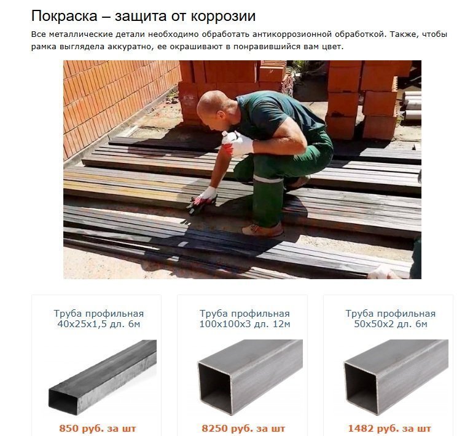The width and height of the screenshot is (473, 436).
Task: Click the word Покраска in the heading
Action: point(64,16)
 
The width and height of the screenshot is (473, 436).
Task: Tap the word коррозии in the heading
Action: point(223,17)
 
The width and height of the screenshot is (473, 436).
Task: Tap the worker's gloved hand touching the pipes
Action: point(203,199)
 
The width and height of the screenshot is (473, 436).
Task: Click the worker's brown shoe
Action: point(262,229)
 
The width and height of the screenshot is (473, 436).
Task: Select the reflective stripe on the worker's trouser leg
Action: point(268,179)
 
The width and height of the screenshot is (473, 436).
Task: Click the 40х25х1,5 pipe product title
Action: point(99,319)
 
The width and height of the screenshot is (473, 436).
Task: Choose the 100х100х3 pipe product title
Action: point(244,319)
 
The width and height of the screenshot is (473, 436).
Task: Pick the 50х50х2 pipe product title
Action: point(391,319)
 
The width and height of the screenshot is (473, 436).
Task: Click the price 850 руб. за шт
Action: point(98,428)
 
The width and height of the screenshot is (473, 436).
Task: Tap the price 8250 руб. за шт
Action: point(243,428)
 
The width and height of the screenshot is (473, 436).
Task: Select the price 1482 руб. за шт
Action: point(389,428)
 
